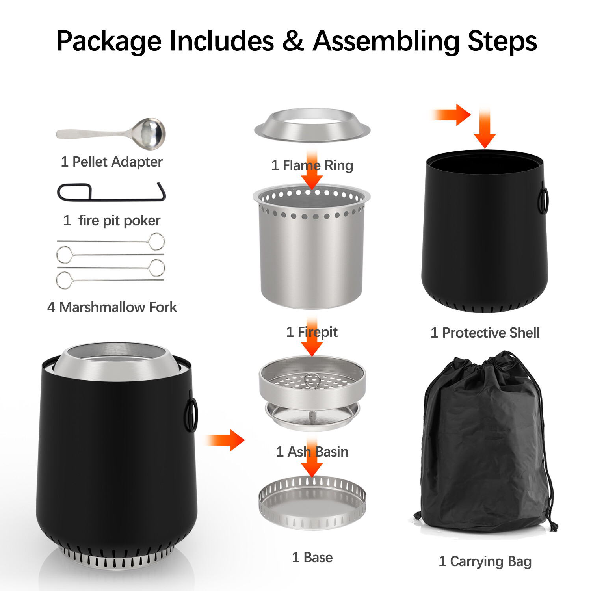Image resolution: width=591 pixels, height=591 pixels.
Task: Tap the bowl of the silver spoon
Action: pos(149,134)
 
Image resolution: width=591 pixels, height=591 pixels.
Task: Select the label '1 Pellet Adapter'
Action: pos(112,162)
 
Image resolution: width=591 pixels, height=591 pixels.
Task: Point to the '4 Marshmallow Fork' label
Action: pos(112,307)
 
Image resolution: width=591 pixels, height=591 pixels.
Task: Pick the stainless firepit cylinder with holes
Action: pos(312,246)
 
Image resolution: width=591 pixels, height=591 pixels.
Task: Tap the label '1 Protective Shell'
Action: pos(485,333)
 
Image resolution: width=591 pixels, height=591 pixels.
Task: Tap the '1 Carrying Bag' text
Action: pos(485,561)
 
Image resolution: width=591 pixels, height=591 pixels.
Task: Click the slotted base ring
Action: pos(312,503)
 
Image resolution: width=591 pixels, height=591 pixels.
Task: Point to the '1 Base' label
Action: pos(312,558)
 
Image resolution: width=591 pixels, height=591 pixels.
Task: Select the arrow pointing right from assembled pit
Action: pos(225,440)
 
